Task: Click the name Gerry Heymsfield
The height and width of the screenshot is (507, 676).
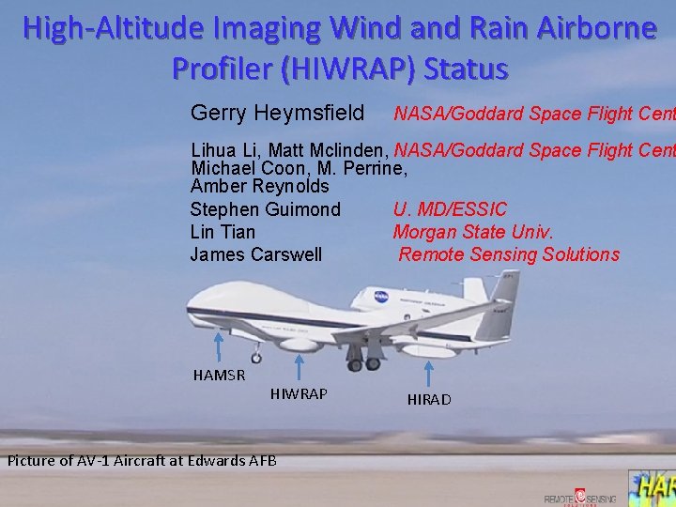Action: [x=277, y=114]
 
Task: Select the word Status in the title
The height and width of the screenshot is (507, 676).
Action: [x=466, y=69]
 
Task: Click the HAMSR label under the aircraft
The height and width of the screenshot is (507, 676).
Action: [x=219, y=376]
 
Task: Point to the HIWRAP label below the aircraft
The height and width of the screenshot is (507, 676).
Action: [x=299, y=393]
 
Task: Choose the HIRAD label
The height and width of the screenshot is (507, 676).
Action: [x=429, y=399]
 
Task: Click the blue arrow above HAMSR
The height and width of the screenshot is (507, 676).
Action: [x=220, y=346]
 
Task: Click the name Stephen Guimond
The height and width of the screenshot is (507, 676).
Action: [x=265, y=209]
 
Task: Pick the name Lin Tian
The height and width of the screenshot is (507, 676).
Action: [x=223, y=232]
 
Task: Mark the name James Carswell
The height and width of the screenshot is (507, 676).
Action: [x=255, y=254]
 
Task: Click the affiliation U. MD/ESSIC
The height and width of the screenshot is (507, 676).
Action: [x=450, y=209]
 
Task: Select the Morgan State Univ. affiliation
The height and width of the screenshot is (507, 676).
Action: [x=473, y=232]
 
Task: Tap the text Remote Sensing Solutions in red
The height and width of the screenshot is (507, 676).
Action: [x=509, y=254]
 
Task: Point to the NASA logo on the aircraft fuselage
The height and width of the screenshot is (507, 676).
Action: [x=381, y=297]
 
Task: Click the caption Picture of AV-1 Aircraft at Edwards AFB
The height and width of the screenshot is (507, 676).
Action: [x=142, y=460]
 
